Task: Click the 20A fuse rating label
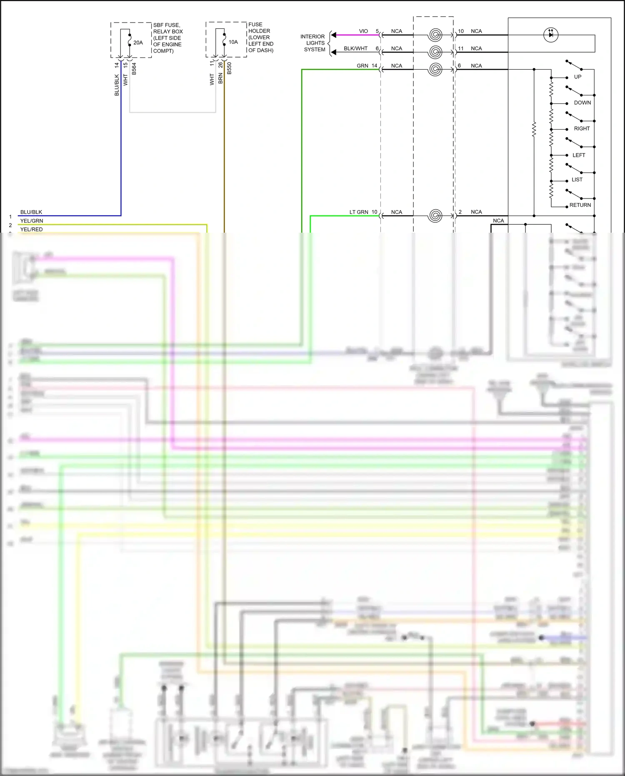[138, 43]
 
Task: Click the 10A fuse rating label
[233, 42]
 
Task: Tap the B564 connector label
[134, 69]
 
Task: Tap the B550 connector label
[229, 68]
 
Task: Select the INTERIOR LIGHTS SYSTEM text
[313, 43]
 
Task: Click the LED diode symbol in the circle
[551, 35]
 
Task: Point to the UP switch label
[577, 77]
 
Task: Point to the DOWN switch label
[582, 103]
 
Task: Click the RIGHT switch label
[582, 128]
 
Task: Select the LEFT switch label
[579, 155]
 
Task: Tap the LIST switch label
[577, 180]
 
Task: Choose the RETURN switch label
[580, 205]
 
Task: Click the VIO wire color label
[363, 31]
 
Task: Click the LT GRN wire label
[359, 212]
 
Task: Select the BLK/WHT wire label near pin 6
[355, 48]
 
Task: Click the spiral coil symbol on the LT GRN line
[435, 216]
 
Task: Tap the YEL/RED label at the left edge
[32, 229]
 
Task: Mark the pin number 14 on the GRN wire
[374, 66]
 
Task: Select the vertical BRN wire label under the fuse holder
[220, 78]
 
